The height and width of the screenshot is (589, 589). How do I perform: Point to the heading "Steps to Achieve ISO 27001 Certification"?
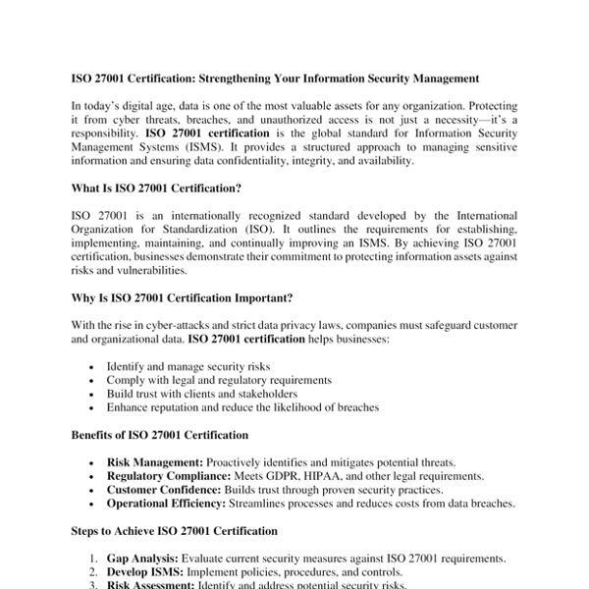(x=175, y=531)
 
